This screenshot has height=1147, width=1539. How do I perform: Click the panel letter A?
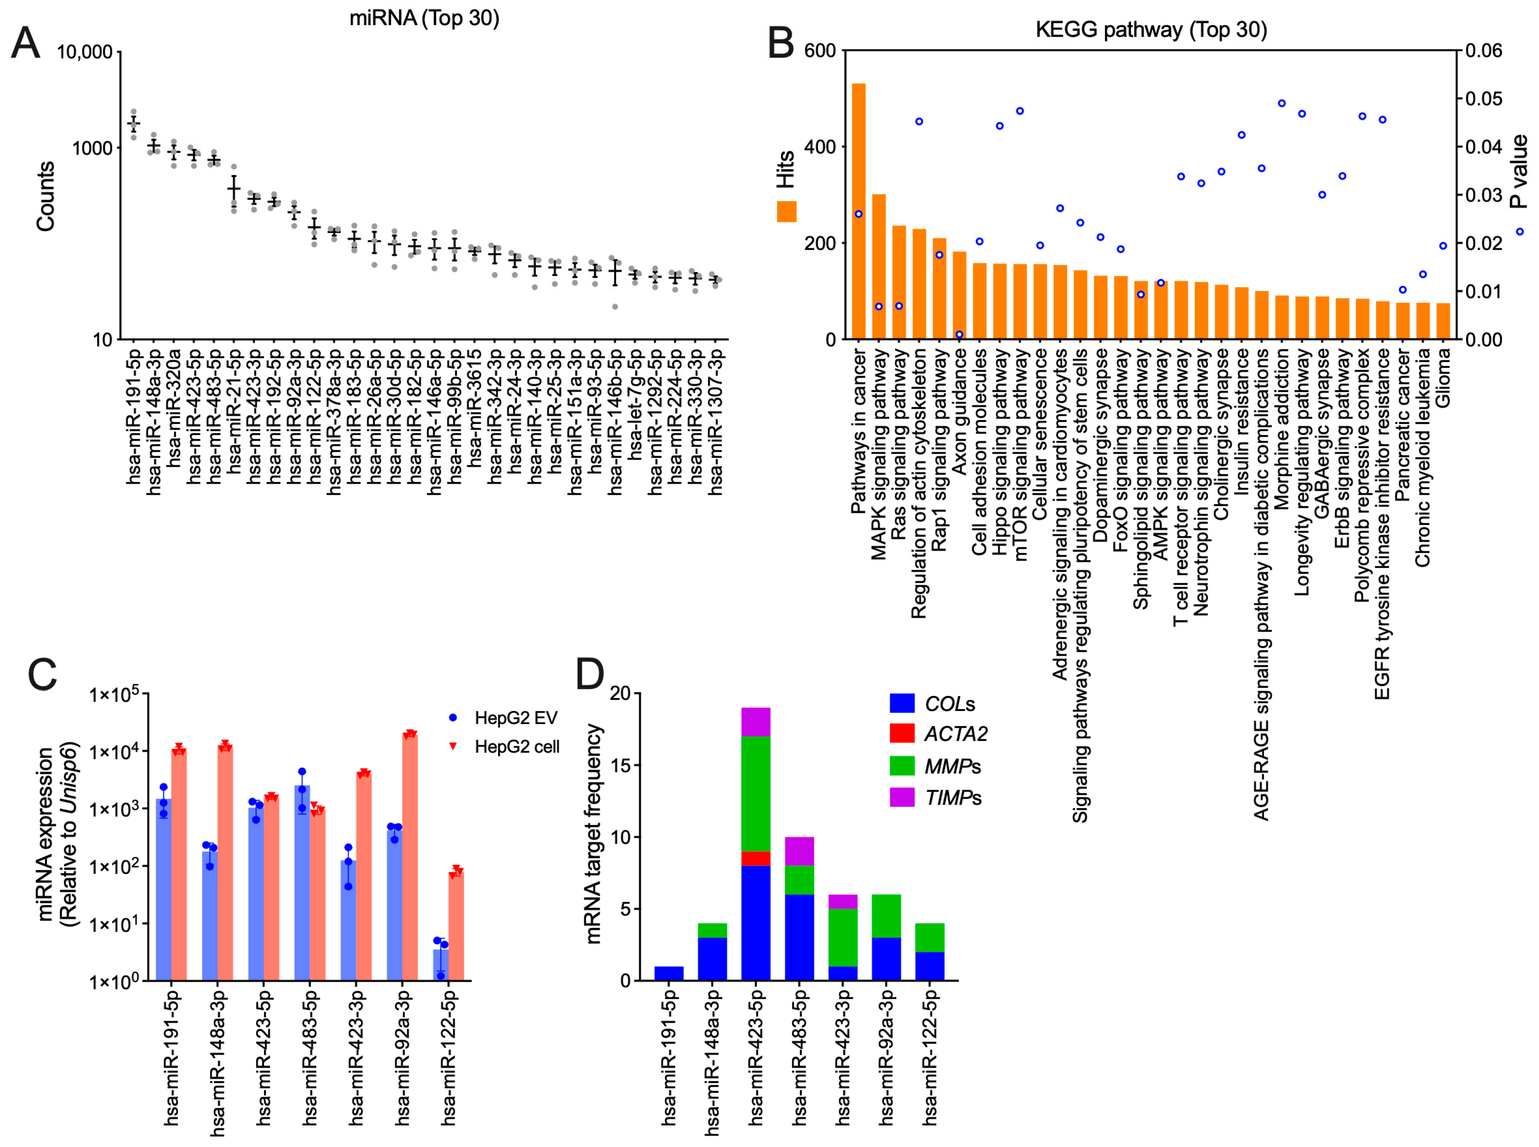(26, 43)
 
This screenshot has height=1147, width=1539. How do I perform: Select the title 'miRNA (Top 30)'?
(424, 18)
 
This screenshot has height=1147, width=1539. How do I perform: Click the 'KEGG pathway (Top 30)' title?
(1151, 30)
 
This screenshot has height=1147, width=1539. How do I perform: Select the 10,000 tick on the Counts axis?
(84, 52)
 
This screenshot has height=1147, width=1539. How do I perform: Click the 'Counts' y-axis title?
(45, 196)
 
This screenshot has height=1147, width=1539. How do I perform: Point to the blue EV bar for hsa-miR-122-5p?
(440, 965)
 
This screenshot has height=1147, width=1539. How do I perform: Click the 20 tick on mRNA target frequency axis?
(620, 694)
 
